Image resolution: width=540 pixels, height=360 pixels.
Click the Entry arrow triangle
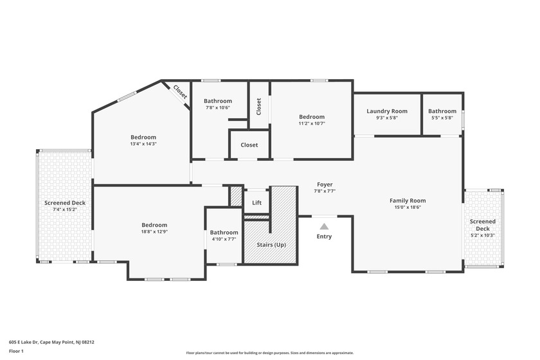point(325,226)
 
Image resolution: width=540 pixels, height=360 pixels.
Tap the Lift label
point(256,203)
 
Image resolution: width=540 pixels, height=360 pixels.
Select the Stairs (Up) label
point(271,245)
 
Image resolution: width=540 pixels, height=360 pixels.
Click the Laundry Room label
point(387,111)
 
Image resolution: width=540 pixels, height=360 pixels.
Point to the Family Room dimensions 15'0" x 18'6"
point(408,208)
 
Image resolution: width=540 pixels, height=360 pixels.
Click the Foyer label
point(325,184)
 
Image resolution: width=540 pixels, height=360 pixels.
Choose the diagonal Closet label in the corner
point(180,93)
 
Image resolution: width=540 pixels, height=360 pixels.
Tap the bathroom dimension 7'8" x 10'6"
point(217,108)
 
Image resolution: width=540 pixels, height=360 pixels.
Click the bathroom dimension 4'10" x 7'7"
point(224,239)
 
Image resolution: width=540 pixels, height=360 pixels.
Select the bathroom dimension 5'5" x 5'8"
point(442,118)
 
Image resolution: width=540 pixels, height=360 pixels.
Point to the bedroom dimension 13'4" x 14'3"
point(143,144)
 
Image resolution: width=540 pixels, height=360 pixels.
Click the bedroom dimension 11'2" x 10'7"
point(312,123)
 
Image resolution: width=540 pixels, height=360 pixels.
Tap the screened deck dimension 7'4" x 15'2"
point(65,210)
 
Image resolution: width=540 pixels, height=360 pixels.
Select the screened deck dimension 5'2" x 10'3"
point(483,236)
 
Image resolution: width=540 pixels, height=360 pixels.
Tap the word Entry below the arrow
point(325,237)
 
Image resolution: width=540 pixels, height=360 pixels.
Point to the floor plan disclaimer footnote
point(270,353)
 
